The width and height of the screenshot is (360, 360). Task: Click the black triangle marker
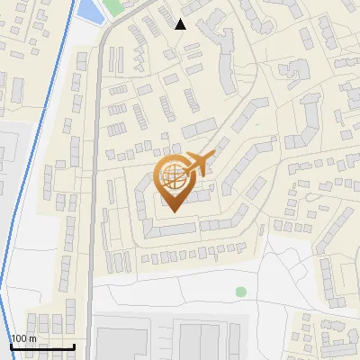[x=181, y=24]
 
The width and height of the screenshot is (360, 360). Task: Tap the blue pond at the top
[x=89, y=12]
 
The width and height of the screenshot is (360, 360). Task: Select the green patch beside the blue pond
[x=112, y=7]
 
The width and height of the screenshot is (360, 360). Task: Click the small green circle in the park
[x=240, y=292]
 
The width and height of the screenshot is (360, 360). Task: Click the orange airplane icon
[x=198, y=165]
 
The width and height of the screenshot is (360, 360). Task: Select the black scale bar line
[x=42, y=346]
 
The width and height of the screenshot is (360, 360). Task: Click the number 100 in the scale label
[x=20, y=338]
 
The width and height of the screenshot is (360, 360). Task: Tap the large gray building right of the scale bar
[x=121, y=343]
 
